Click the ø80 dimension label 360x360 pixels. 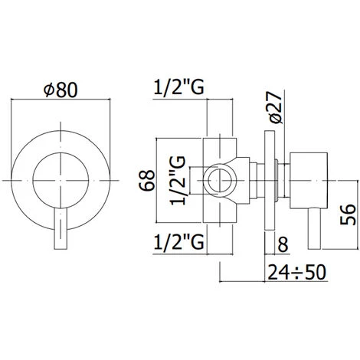click(61, 90)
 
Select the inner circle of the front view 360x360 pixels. click(61, 176)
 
